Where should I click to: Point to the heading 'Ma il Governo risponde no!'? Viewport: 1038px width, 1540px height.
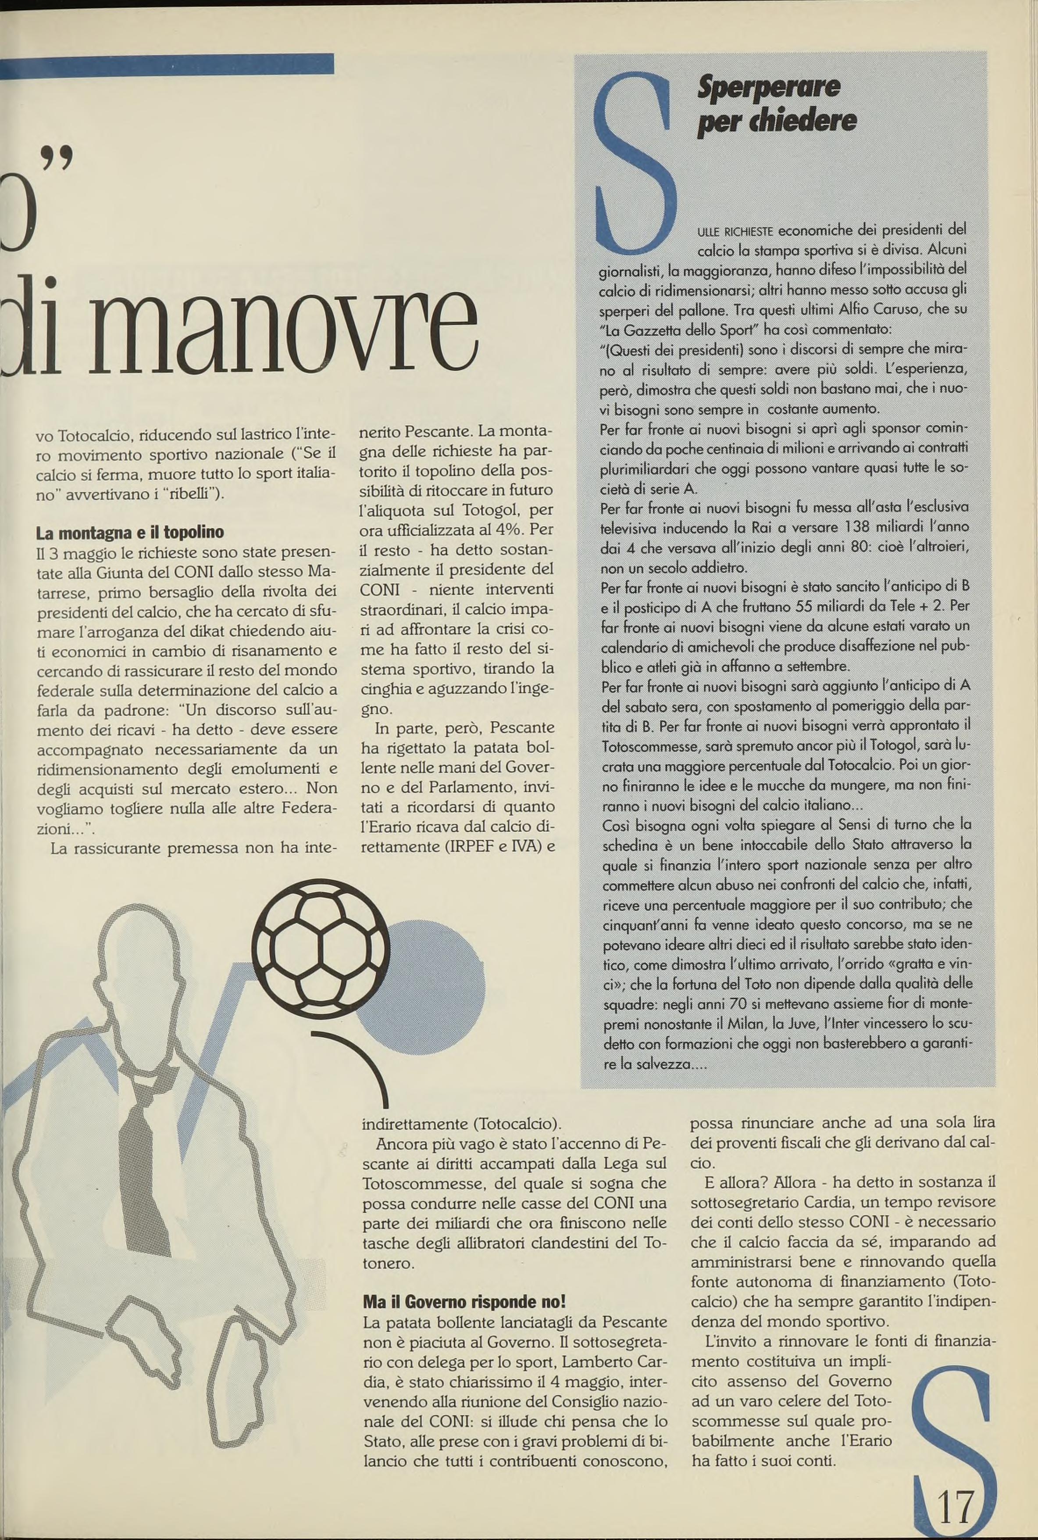(464, 1302)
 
